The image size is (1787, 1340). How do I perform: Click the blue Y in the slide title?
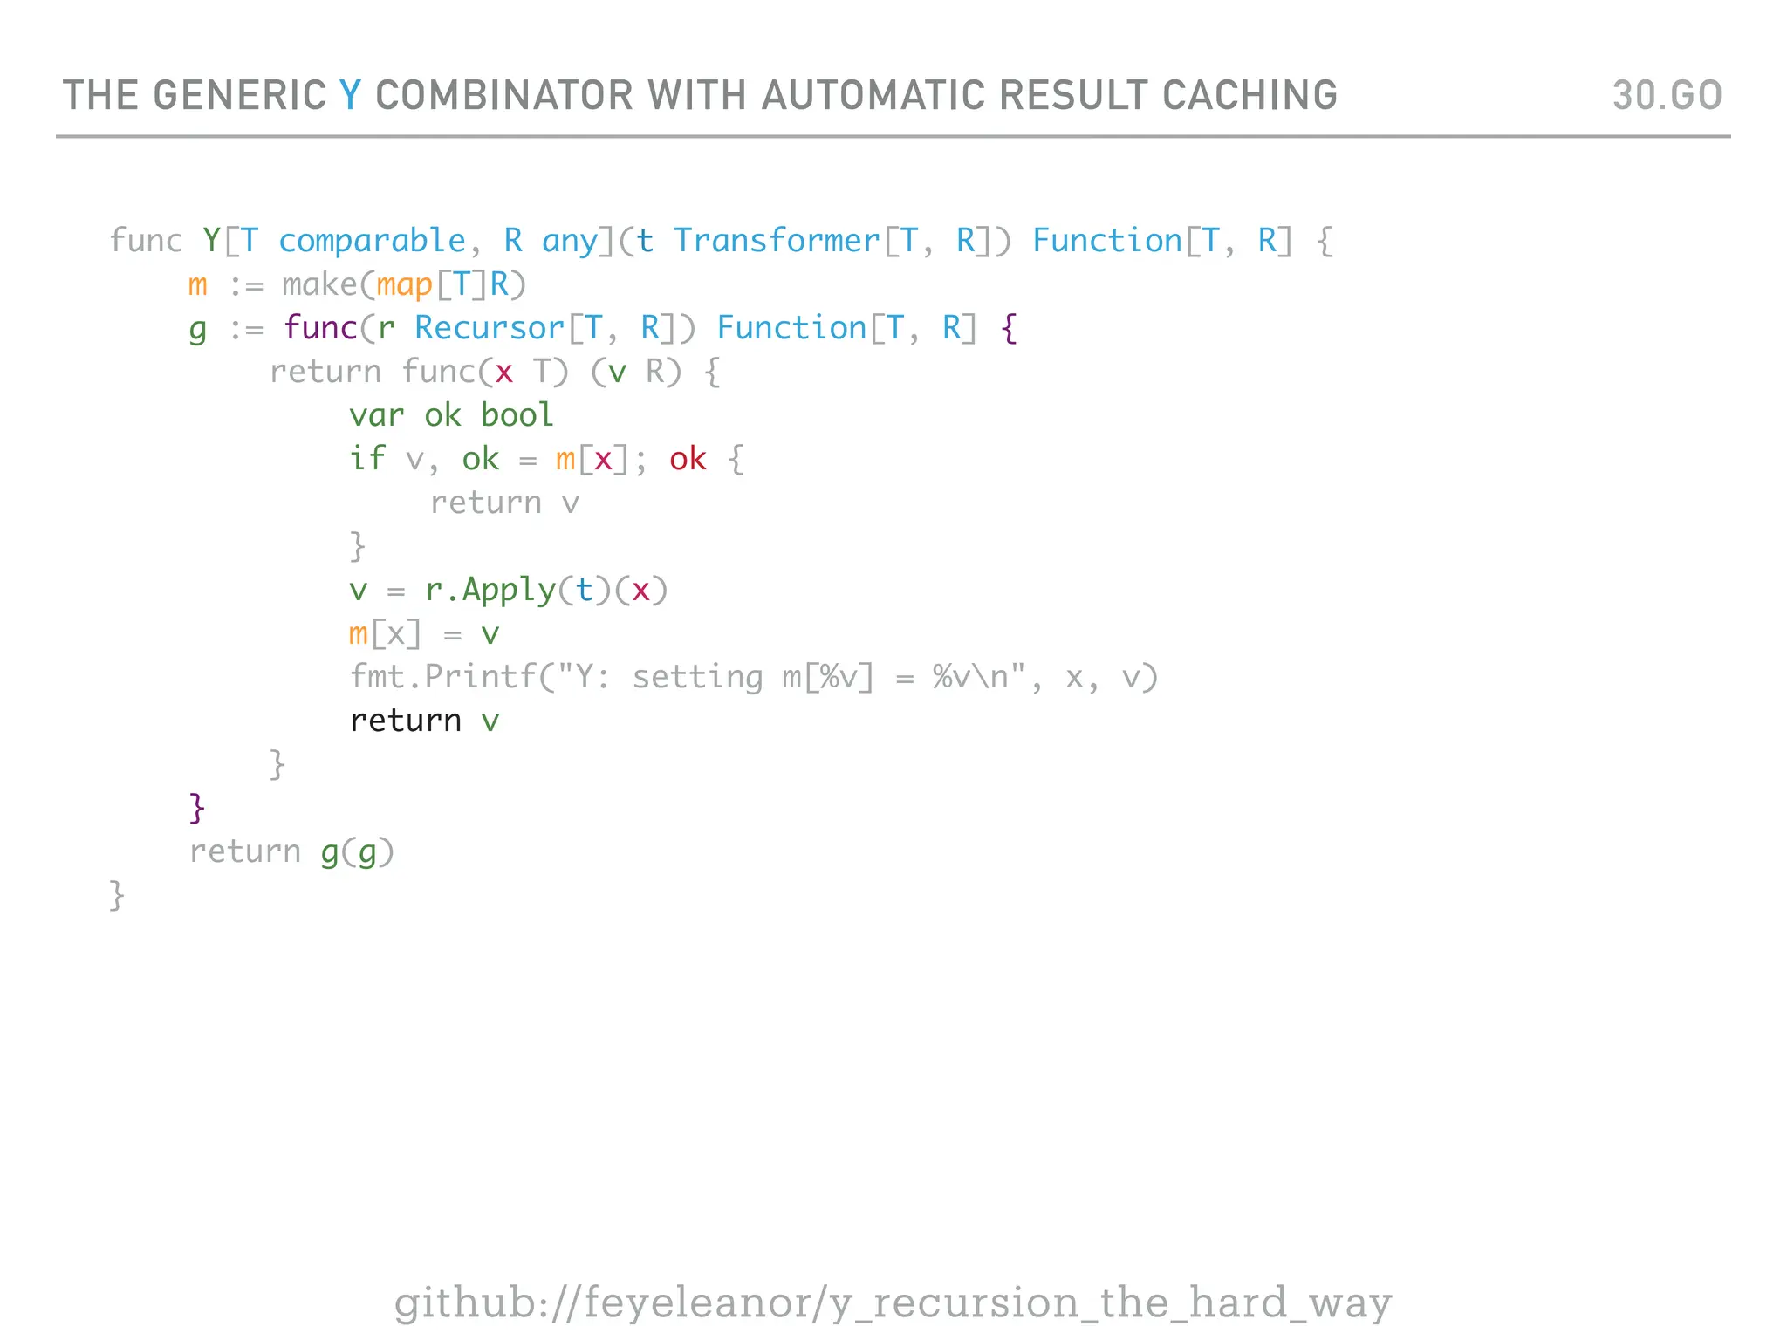(x=349, y=95)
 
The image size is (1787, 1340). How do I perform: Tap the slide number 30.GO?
(x=1667, y=95)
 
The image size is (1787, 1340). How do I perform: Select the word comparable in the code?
(x=372, y=241)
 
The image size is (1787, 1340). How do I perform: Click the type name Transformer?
(x=777, y=241)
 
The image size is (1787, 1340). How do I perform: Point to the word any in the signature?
(x=570, y=241)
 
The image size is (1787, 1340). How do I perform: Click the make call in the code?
(x=319, y=284)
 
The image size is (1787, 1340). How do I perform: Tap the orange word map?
(x=404, y=285)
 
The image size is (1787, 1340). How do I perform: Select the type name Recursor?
(x=489, y=328)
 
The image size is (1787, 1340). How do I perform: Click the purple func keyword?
(x=320, y=328)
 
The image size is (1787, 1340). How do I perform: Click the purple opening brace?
(x=1009, y=329)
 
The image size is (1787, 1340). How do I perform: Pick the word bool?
(x=517, y=415)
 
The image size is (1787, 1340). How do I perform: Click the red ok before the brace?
(x=688, y=459)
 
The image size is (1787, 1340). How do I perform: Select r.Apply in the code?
(x=490, y=591)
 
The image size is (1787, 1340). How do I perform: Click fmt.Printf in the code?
(x=442, y=677)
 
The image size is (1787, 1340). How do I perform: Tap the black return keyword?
(x=405, y=721)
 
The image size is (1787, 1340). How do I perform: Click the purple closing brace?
(x=197, y=808)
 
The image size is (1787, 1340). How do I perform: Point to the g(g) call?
(x=357, y=852)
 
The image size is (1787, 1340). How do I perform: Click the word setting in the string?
(x=697, y=677)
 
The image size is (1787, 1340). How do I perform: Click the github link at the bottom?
(x=893, y=1302)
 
